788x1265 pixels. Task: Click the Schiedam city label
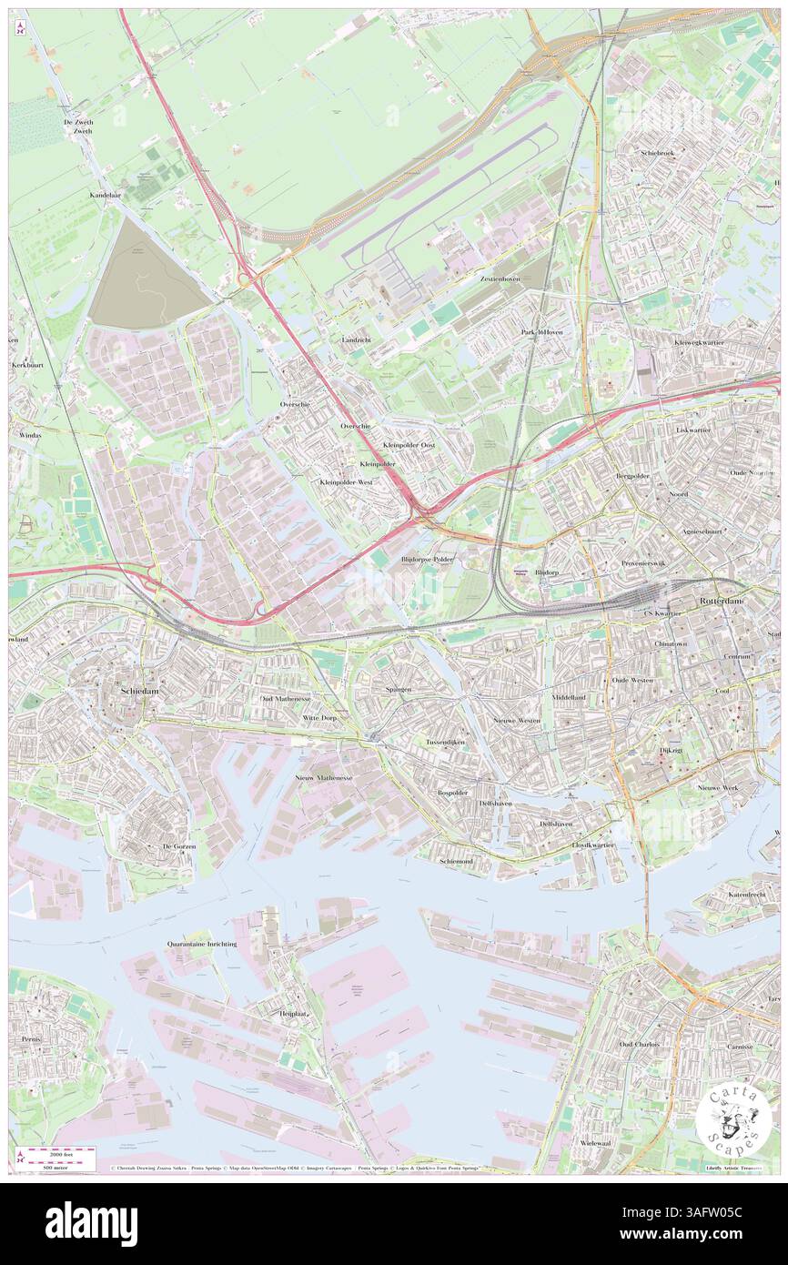pos(141,692)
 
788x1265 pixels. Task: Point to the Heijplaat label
pos(292,1012)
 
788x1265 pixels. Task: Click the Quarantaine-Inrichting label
pos(202,945)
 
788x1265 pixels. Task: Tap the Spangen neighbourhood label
pos(399,689)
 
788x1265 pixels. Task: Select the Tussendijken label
pos(446,743)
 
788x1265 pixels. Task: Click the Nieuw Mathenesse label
pos(324,778)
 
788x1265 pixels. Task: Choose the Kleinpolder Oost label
pos(409,445)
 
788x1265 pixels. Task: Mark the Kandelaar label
pos(105,196)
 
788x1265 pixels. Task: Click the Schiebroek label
pos(657,153)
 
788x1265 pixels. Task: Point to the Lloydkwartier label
pos(592,845)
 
